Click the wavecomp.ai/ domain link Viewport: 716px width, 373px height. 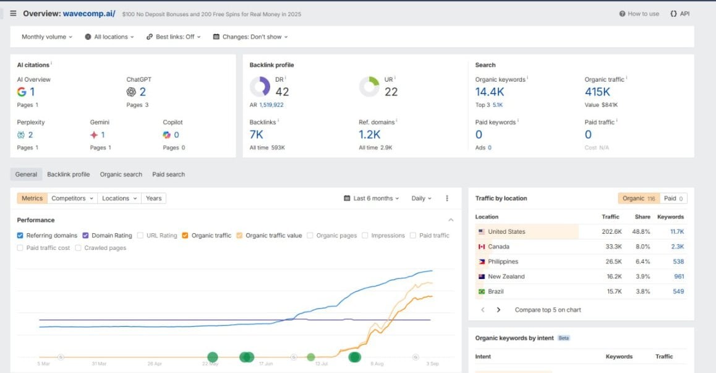88,14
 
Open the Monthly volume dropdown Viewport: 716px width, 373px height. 46,36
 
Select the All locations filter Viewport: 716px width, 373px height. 109,36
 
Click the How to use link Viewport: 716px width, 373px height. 639,14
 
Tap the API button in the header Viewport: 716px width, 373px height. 680,14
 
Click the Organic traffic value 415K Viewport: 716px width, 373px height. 597,92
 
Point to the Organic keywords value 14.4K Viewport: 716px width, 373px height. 490,92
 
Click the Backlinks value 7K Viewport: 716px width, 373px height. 256,134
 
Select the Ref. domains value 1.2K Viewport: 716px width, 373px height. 369,134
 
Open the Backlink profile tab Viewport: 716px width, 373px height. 69,174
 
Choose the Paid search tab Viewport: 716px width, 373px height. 169,174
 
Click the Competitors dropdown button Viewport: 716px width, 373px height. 72,199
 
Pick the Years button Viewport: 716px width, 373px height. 154,199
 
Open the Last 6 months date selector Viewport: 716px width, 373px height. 371,199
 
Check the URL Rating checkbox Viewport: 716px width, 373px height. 140,236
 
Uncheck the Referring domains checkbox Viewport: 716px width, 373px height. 20,236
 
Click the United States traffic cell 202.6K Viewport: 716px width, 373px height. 612,232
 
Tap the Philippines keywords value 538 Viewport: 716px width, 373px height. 678,262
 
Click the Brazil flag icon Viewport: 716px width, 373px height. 481,291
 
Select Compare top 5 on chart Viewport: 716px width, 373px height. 548,310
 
